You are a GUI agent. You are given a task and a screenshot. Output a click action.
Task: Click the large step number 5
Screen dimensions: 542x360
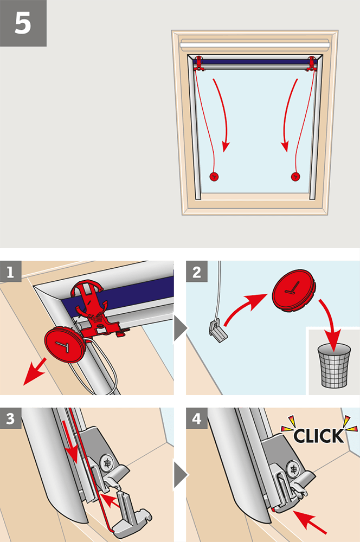pos(23,23)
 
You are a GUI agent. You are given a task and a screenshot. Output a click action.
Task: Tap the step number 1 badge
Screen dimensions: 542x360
pos(11,272)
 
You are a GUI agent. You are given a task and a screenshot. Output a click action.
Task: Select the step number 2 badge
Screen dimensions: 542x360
pos(197,272)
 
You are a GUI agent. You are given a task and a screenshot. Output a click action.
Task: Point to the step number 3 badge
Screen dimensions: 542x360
pos(11,418)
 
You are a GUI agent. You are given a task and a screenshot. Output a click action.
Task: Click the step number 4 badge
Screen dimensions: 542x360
pos(197,418)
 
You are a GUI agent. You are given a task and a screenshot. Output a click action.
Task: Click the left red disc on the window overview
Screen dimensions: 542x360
pos(213,176)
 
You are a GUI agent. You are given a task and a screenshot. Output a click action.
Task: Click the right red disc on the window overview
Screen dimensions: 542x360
pos(295,176)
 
